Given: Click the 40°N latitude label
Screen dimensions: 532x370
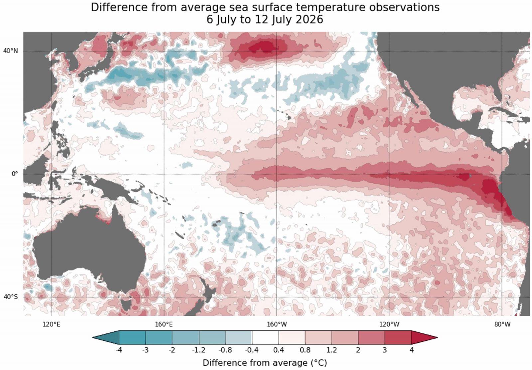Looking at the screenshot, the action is (x=10, y=51).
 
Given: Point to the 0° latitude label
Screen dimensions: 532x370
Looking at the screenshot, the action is (x=15, y=174).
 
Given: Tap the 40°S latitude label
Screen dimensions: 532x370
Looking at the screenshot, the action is (x=10, y=297).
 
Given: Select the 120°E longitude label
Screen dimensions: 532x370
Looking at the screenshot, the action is (x=52, y=324).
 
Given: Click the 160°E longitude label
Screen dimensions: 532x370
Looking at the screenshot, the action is (x=164, y=324).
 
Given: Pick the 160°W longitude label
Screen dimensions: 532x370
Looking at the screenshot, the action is (x=277, y=324).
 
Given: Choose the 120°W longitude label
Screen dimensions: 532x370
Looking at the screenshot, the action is (x=389, y=324).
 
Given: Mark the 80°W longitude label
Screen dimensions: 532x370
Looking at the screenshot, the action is (x=502, y=324).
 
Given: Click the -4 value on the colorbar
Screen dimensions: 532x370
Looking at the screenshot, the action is (x=119, y=350).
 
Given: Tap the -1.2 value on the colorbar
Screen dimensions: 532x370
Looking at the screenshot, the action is (x=199, y=350).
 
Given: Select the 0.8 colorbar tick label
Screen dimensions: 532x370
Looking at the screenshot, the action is (x=305, y=350).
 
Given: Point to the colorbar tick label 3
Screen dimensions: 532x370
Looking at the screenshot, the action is (x=385, y=350).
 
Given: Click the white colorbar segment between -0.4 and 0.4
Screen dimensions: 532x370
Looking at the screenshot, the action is (x=265, y=337).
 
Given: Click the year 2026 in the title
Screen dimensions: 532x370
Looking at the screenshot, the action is (x=310, y=20).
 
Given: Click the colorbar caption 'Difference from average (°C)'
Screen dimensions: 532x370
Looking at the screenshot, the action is (x=265, y=363).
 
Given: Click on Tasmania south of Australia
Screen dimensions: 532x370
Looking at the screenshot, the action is (x=126, y=305).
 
